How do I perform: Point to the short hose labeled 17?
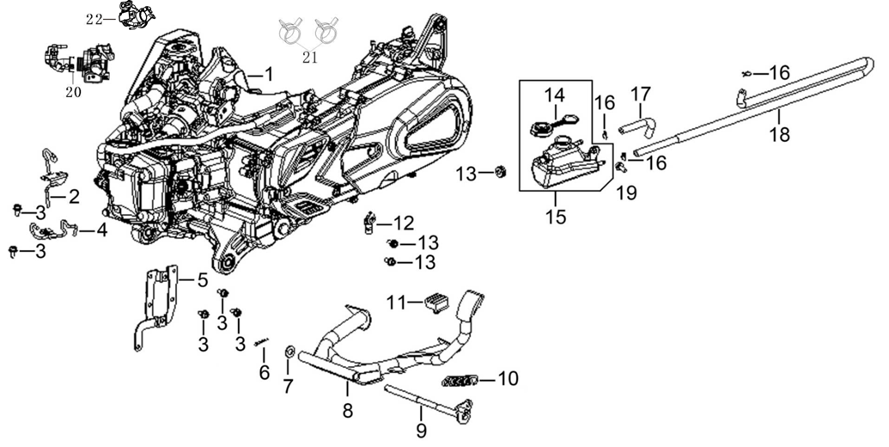point(636,126)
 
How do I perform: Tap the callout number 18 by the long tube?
point(780,135)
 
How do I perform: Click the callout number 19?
point(625,193)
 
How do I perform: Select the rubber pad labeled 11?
point(434,300)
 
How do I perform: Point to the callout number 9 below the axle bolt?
point(421,428)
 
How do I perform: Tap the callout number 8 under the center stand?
point(347,411)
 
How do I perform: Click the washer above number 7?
point(289,352)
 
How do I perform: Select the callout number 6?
point(264,373)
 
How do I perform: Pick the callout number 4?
point(101,230)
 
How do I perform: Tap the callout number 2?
point(74,197)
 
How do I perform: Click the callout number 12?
point(404,223)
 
